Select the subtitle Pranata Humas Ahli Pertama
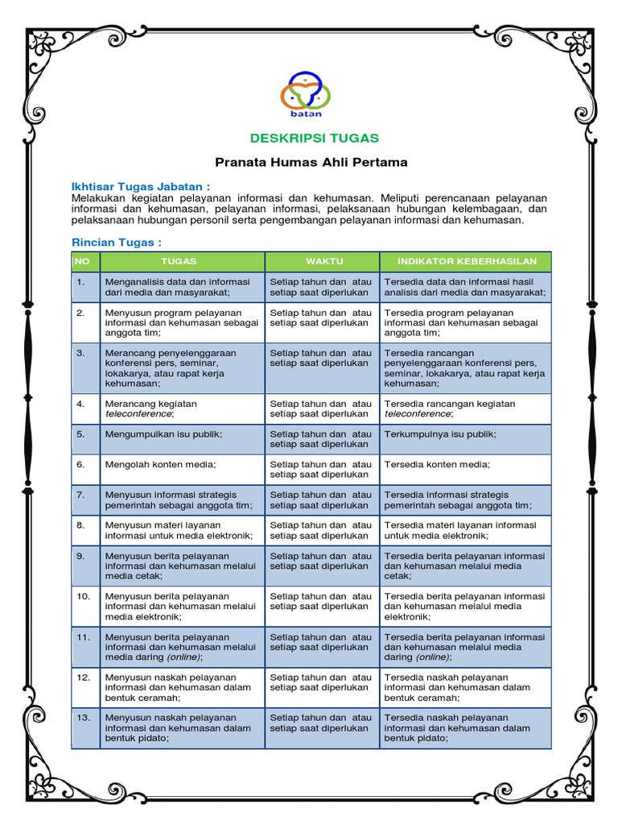(x=311, y=162)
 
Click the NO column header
(x=82, y=261)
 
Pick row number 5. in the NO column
(x=80, y=434)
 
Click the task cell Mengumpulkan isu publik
(x=163, y=434)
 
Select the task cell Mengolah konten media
(x=160, y=465)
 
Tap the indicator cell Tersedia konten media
(x=437, y=465)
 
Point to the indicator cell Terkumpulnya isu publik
(x=440, y=434)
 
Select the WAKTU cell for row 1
(x=321, y=286)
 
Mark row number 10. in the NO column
(x=83, y=596)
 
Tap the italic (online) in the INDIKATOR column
(x=430, y=657)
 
